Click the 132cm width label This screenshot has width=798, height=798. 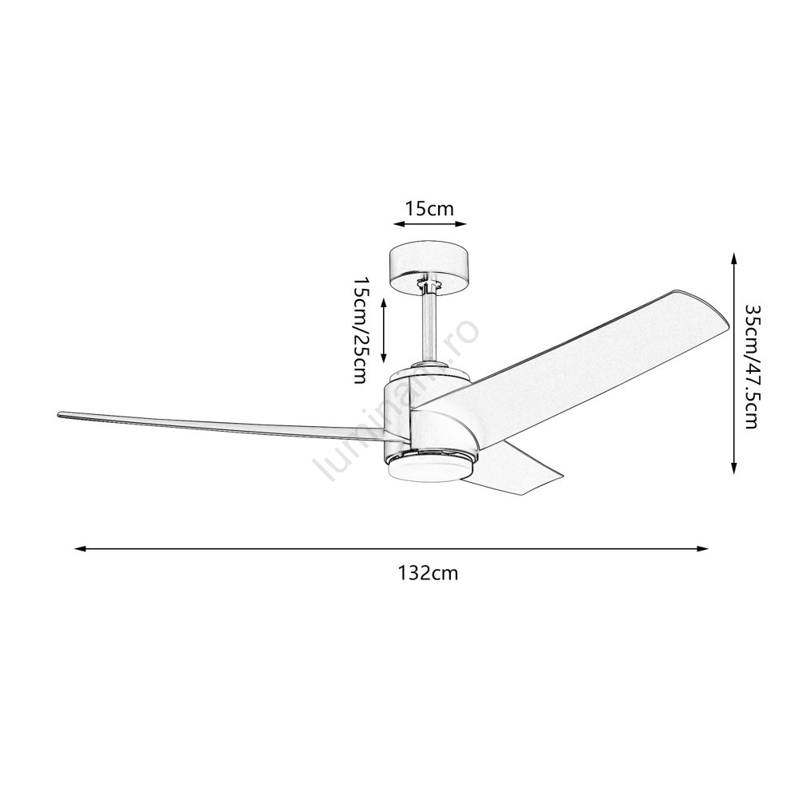coord(428,574)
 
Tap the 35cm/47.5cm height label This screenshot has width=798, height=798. coord(752,366)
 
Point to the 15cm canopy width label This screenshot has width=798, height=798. coord(429,208)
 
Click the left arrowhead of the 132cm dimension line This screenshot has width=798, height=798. coord(80,549)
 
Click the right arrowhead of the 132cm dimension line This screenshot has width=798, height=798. coord(703,549)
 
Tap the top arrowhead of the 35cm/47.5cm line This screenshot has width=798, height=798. coord(733,258)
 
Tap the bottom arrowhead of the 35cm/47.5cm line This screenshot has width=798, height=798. coord(733,468)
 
